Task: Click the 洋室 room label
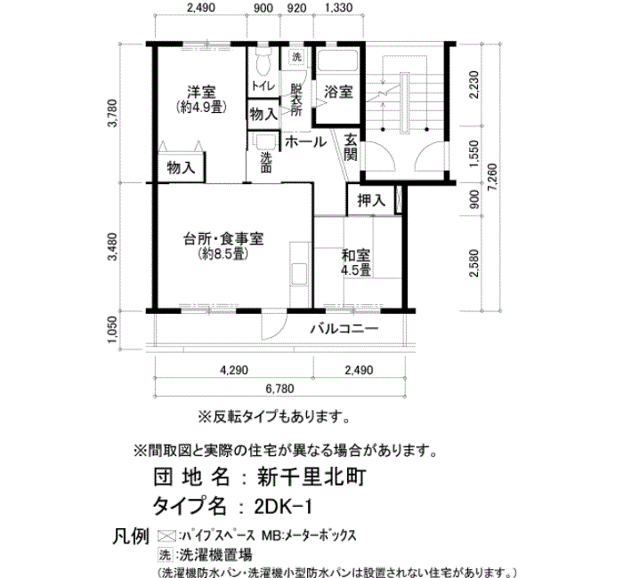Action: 201,92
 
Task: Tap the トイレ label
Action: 263,85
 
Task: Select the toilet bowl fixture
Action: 263,60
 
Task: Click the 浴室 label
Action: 338,92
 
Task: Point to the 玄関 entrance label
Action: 350,148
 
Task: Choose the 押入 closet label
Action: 371,200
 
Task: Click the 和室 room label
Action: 356,254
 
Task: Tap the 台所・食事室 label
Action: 223,239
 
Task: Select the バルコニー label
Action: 344,329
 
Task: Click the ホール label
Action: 305,141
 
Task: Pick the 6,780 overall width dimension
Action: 279,389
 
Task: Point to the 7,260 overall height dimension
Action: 492,177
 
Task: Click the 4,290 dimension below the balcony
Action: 234,370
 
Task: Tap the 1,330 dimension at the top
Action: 338,7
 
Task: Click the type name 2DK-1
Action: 284,507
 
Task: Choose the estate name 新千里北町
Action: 311,477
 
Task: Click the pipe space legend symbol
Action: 166,536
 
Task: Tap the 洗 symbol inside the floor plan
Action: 296,57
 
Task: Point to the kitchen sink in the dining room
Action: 299,275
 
